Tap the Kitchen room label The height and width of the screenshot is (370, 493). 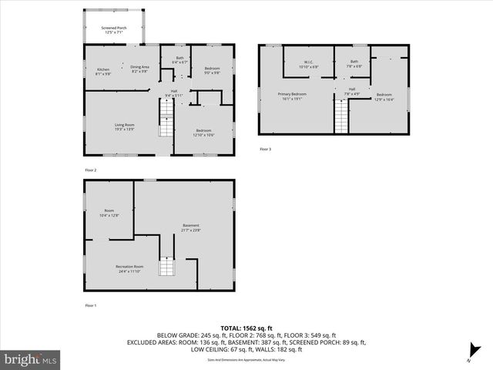coord(103,72)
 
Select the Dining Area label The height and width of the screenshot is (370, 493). coord(139,69)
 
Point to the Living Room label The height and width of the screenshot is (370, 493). coord(125,126)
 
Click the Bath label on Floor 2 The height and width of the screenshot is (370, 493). coord(179,60)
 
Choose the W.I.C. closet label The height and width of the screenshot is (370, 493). coord(308,65)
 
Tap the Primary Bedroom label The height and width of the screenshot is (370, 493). coord(293,96)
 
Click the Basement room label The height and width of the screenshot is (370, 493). coord(190,227)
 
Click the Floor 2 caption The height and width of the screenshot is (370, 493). coord(91,170)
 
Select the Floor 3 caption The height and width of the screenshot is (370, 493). coord(265,149)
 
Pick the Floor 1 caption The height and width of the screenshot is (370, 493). coord(91,306)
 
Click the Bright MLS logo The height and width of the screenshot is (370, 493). coord(31,358)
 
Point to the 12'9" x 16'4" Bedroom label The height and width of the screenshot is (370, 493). coord(384,96)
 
